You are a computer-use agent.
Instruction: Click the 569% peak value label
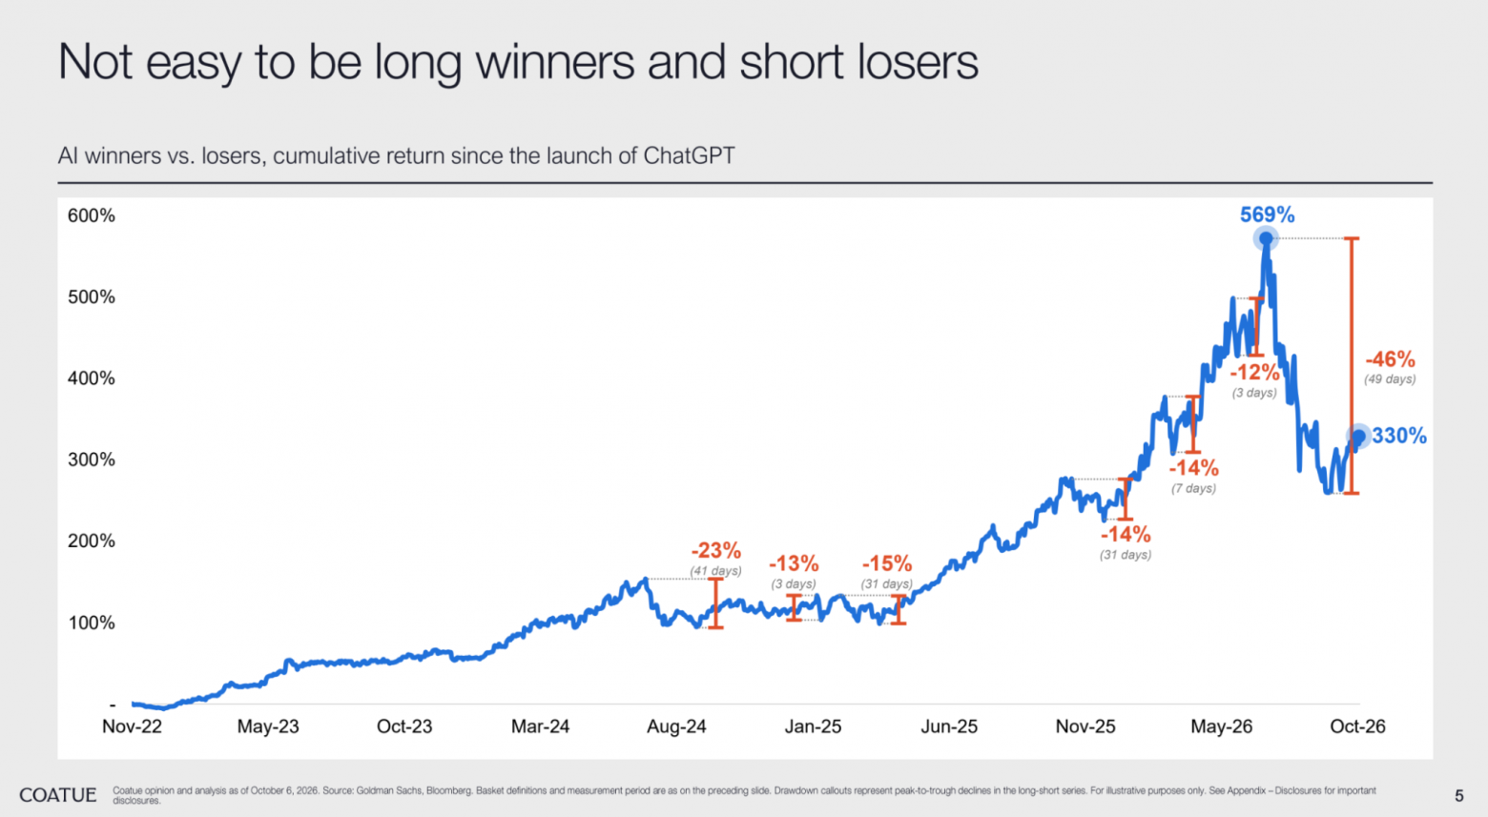1267,214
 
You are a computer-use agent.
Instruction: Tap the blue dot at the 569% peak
1266,238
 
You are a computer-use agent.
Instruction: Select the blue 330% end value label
1399,436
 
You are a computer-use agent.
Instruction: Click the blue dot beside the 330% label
1358,436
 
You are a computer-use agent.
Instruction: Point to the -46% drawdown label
1390,359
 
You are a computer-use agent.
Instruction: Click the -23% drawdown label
715,550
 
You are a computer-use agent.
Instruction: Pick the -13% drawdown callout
794,563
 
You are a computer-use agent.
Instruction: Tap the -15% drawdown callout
887,563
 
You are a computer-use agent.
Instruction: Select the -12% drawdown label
1254,372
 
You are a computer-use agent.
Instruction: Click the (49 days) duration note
1390,379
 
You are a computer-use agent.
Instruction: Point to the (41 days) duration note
715,571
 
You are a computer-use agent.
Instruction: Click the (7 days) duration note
1193,488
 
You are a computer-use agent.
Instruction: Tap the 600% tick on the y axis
91,215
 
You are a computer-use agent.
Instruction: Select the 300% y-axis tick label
91,460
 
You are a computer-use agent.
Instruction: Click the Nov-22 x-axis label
132,726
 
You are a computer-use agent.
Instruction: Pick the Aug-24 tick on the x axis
676,726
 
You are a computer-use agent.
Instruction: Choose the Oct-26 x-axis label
1357,726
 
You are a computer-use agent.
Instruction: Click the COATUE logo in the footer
58,794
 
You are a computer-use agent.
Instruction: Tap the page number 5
1458,795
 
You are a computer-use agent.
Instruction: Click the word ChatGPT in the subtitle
689,156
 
